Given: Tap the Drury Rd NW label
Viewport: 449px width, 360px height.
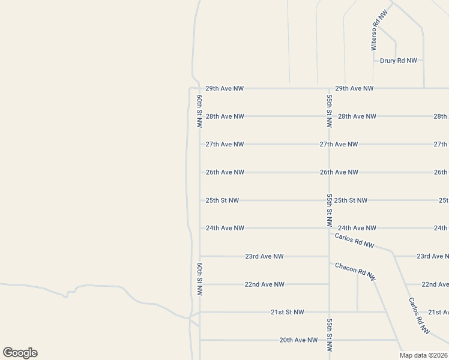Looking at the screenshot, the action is [x=399, y=61].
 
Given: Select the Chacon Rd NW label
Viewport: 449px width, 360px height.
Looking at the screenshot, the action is [x=355, y=272].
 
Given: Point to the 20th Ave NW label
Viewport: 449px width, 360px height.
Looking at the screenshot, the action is [x=298, y=340].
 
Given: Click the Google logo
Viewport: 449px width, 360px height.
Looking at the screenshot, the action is [x=20, y=353].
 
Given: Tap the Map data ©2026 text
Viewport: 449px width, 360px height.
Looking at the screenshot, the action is [x=423, y=355].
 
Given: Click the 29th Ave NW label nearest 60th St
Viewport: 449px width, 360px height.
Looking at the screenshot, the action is [x=224, y=88].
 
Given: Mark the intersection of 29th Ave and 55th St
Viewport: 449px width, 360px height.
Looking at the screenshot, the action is [x=329, y=88].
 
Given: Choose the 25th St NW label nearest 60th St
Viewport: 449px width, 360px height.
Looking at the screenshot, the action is [x=222, y=200].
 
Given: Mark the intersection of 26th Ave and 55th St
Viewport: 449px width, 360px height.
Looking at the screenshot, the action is [x=329, y=172].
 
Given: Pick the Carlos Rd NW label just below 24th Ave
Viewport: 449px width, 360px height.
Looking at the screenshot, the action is [x=354, y=241].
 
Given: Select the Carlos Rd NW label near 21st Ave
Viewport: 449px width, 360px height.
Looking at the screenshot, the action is [x=420, y=316].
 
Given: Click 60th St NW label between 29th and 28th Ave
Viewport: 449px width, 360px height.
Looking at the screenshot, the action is [x=199, y=112].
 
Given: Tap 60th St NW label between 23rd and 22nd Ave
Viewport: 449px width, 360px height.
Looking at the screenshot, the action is [x=199, y=278].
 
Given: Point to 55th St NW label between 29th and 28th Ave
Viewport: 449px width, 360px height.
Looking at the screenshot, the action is [x=329, y=111].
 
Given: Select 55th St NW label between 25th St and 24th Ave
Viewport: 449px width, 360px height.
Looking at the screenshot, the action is [x=329, y=210].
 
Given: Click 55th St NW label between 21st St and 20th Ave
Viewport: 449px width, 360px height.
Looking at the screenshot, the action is [x=329, y=335].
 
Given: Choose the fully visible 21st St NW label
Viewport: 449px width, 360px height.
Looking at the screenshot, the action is [x=288, y=312].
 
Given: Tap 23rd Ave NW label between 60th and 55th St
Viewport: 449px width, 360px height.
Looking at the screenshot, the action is [x=264, y=256].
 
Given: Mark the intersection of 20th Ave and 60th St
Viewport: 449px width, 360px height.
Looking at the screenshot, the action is [x=200, y=340].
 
